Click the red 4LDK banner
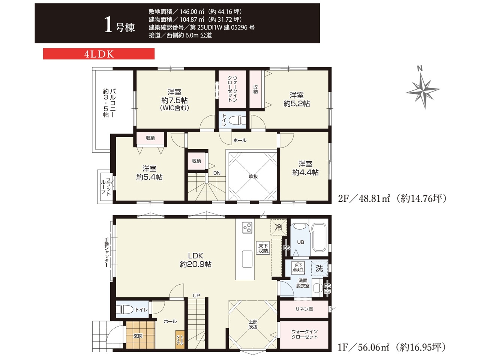click(99, 54)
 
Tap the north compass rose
click(423, 90)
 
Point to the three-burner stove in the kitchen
click(247, 228)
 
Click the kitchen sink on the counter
click(247, 259)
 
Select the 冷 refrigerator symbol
click(279, 227)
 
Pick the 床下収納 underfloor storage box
click(263, 249)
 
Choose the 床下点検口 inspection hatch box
click(298, 267)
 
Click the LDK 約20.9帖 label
click(195, 260)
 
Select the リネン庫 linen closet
click(304, 309)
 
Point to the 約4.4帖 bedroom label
click(305, 168)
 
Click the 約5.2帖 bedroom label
click(297, 99)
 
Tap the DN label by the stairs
click(217, 173)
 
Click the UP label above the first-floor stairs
click(196, 295)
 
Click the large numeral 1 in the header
click(108, 25)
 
